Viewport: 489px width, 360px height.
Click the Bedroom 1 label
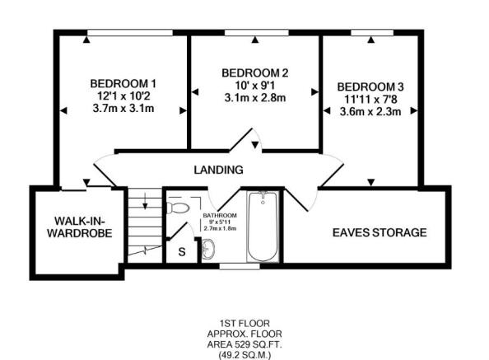[123, 83]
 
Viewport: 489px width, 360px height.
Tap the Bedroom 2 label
[255, 73]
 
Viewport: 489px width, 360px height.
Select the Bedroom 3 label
[370, 86]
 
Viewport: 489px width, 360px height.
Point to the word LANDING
[218, 170]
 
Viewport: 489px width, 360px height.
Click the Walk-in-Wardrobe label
[80, 227]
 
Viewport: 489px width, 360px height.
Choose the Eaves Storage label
[380, 232]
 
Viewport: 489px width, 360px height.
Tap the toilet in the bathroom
[178, 208]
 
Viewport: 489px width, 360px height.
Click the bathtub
[263, 227]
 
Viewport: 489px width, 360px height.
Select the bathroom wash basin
[208, 249]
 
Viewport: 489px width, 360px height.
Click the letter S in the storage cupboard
[182, 251]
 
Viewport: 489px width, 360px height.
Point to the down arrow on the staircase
[145, 201]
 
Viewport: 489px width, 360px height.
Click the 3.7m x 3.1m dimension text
[123, 109]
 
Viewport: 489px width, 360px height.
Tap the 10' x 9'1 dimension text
[255, 85]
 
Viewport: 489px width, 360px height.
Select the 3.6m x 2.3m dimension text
[370, 112]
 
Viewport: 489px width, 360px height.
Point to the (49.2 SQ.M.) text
[244, 355]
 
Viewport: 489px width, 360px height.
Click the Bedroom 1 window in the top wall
[130, 33]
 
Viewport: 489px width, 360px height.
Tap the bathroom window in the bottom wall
[240, 266]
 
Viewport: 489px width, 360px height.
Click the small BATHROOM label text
[220, 216]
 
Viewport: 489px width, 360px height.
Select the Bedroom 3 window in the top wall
[372, 33]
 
